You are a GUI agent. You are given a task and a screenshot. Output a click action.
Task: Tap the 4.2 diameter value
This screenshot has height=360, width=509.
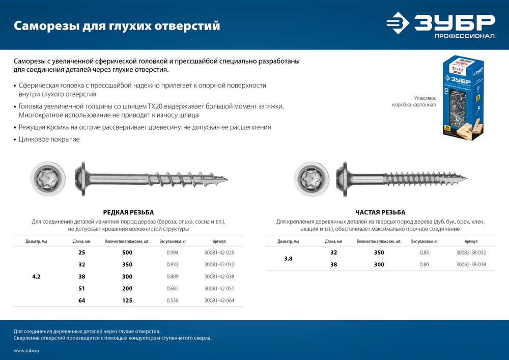click(x=36, y=276)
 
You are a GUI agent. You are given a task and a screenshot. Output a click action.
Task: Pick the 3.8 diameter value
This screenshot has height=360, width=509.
click(x=288, y=259)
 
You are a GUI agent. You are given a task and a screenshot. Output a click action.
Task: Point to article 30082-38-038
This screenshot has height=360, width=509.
click(x=471, y=264)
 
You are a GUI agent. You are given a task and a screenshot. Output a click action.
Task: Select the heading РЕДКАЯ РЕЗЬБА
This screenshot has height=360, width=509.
click(x=128, y=212)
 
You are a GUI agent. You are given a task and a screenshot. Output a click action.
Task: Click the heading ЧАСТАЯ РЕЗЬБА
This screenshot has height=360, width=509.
click(x=380, y=212)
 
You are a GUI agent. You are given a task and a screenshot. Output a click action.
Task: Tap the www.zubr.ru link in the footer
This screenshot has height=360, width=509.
click(x=26, y=351)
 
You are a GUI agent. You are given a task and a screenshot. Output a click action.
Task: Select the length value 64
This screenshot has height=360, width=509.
click(x=81, y=300)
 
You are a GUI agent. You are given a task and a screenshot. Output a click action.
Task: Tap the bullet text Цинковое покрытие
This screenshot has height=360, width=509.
click(x=49, y=139)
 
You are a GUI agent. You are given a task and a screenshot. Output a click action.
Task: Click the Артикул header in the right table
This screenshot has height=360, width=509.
click(x=471, y=241)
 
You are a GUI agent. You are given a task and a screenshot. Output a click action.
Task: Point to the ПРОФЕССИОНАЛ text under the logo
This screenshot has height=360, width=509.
click(x=464, y=37)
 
